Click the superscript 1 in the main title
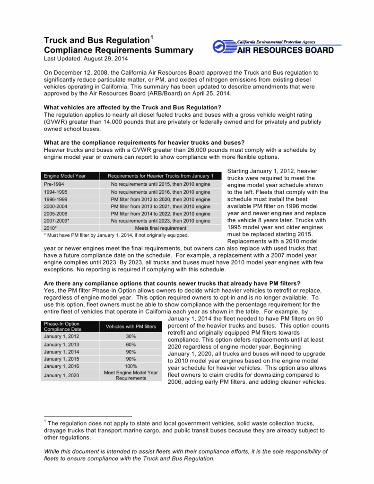click(152, 37)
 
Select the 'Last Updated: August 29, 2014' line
click(86, 59)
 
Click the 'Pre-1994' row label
click(54, 184)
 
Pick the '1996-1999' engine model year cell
click(56, 199)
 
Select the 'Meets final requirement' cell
click(160, 228)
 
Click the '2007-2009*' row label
click(57, 220)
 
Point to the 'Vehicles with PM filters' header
click(131, 327)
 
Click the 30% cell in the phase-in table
click(131, 337)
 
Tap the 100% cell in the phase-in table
click(131, 366)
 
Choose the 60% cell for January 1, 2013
click(131, 345)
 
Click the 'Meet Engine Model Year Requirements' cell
click(131, 375)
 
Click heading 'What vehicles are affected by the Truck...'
click(132, 107)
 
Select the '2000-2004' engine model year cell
click(56, 206)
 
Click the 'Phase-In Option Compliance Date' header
click(62, 327)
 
